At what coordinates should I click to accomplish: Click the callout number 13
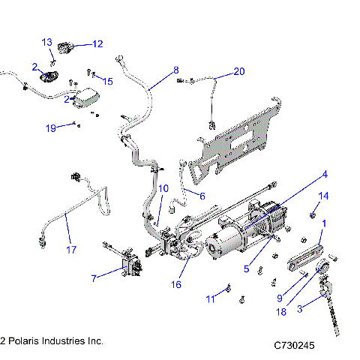[x=46, y=41]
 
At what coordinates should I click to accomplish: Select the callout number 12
[x=97, y=44]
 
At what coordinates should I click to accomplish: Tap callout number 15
[x=108, y=81]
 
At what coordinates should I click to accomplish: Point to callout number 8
[x=176, y=70]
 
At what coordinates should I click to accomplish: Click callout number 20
[x=238, y=72]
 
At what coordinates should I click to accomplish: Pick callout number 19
[x=50, y=128]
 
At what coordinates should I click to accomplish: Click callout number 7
[x=93, y=279]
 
